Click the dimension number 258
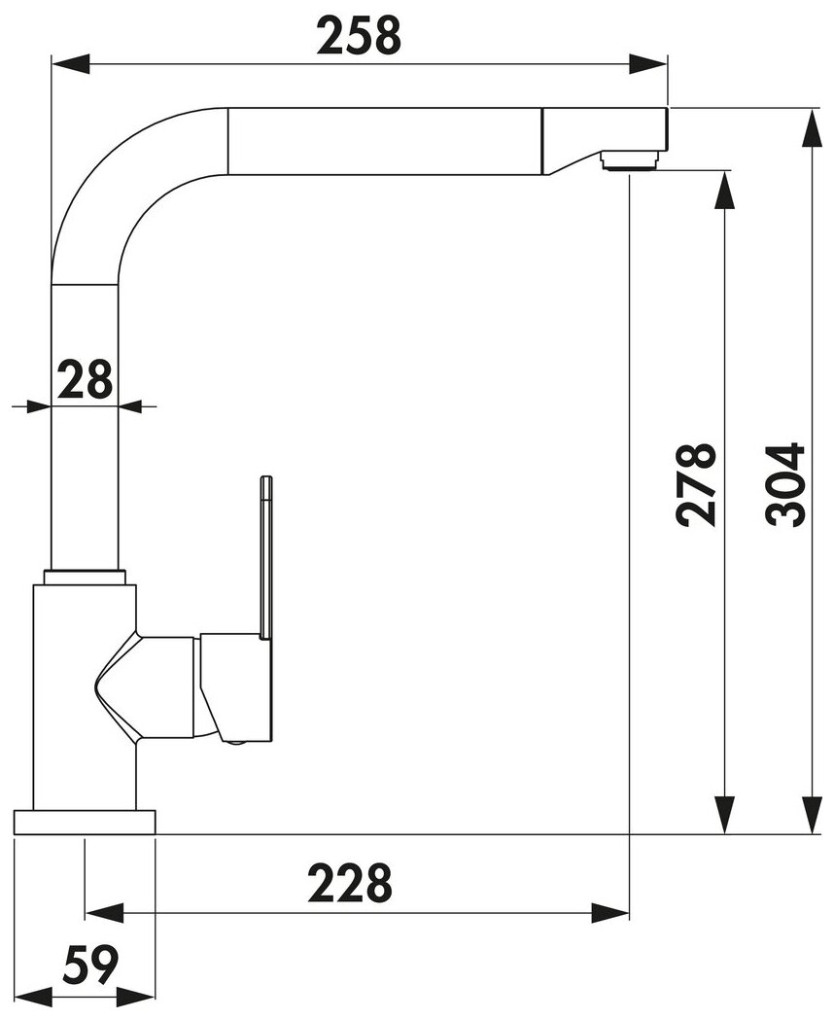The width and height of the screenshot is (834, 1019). pos(359,35)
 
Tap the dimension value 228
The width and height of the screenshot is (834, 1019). pos(350,883)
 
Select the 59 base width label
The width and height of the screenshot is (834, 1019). pos(90,966)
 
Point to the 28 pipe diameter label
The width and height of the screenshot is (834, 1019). pos(85,379)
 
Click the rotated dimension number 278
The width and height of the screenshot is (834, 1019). pos(696,485)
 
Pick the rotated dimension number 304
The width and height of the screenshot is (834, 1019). pos(785,485)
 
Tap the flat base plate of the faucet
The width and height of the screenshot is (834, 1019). pos(85,822)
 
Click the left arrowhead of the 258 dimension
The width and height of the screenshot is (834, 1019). pos(70,64)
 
